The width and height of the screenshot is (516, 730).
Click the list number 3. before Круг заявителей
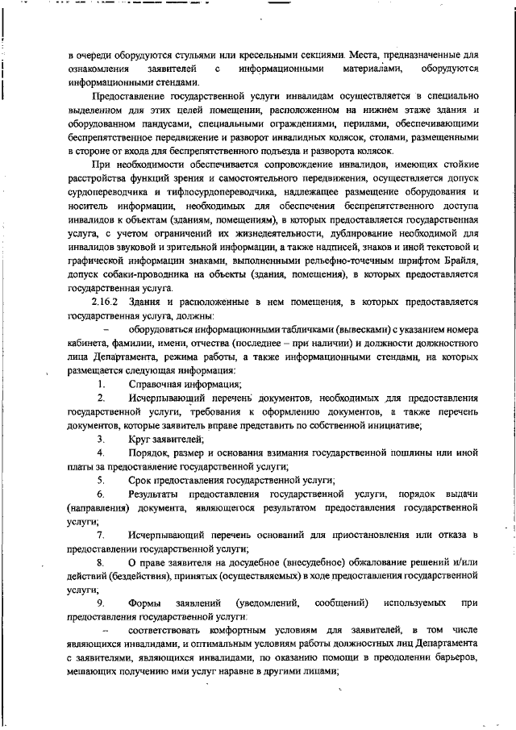(x=101, y=438)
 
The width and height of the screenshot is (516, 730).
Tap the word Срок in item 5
(x=139, y=479)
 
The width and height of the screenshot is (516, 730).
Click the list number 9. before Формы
(x=101, y=603)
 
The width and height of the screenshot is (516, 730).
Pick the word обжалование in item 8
(x=312, y=562)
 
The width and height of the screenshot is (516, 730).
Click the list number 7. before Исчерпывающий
(x=101, y=535)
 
